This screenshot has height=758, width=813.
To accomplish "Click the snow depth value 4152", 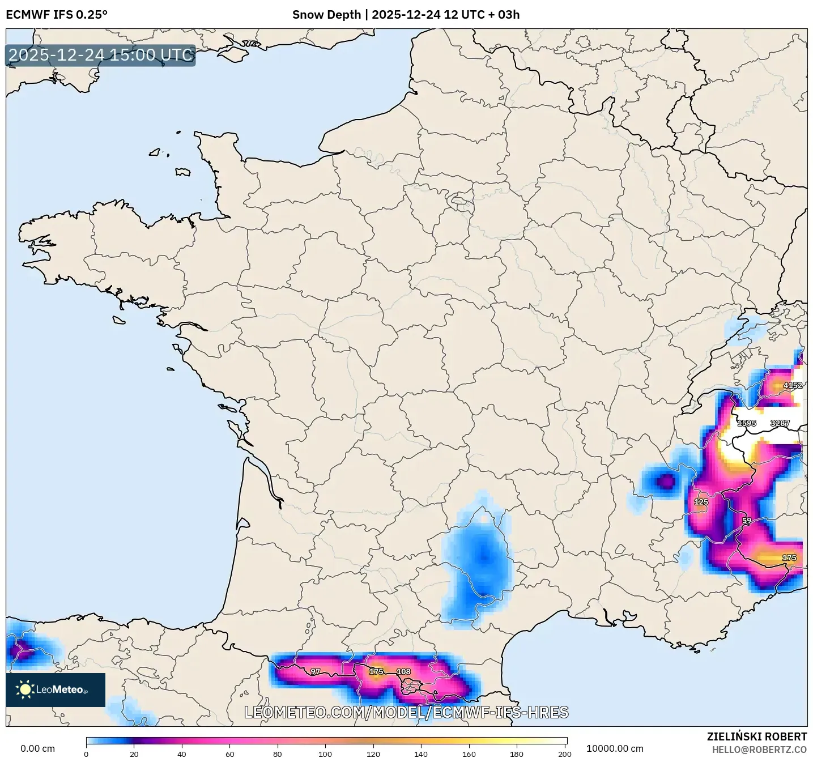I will pyautogui.click(x=792, y=385).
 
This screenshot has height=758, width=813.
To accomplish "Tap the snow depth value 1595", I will pyautogui.click(x=746, y=423).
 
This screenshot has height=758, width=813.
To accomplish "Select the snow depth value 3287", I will pyautogui.click(x=780, y=423).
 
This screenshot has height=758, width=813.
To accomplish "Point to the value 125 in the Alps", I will pyautogui.click(x=701, y=502).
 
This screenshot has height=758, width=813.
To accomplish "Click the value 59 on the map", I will pyautogui.click(x=746, y=521).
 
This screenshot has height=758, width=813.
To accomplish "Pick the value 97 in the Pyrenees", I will pyautogui.click(x=315, y=671).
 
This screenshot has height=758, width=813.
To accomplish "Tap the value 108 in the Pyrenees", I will pyautogui.click(x=403, y=671).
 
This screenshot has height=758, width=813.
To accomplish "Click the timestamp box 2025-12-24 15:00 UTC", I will pyautogui.click(x=101, y=55).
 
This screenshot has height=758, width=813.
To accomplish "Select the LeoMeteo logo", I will pyautogui.click(x=56, y=689).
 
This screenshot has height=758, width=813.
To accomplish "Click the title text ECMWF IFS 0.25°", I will pyautogui.click(x=57, y=15).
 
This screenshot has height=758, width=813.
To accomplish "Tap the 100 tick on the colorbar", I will pyautogui.click(x=325, y=753).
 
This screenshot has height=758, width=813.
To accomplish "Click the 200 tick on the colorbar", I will pyautogui.click(x=564, y=753).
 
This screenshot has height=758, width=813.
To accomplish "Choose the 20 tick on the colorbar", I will pyautogui.click(x=134, y=753).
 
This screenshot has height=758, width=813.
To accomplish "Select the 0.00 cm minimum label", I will pyautogui.click(x=37, y=748).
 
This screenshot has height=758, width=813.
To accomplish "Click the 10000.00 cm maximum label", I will pyautogui.click(x=615, y=748).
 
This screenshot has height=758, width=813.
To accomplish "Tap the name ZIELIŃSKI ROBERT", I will pyautogui.click(x=756, y=736).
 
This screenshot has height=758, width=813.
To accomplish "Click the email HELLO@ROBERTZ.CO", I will pyautogui.click(x=759, y=750).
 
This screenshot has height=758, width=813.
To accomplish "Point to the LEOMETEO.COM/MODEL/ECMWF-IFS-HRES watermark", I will pyautogui.click(x=406, y=712).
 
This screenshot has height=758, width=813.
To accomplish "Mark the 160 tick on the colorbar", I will pyautogui.click(x=469, y=753).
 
